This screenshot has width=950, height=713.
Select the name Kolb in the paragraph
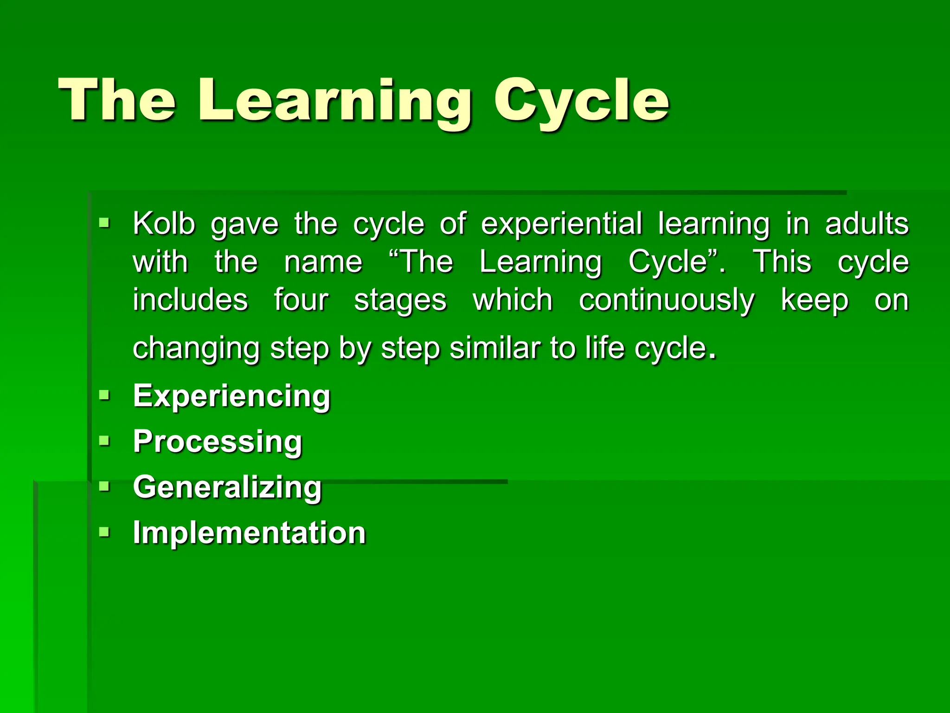click(x=164, y=224)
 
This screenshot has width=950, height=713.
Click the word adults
click(x=867, y=224)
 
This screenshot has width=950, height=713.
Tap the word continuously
click(x=667, y=300)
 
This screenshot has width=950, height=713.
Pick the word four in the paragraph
click(x=301, y=300)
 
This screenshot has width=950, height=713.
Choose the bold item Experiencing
click(x=231, y=396)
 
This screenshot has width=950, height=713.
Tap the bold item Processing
click(x=218, y=441)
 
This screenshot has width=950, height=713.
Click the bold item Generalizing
click(x=227, y=487)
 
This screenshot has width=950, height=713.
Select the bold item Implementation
click(x=249, y=532)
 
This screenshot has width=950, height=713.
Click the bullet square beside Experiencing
click(x=104, y=395)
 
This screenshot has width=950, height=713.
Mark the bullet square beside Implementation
click(x=104, y=532)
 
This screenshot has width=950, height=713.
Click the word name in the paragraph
click(x=323, y=262)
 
